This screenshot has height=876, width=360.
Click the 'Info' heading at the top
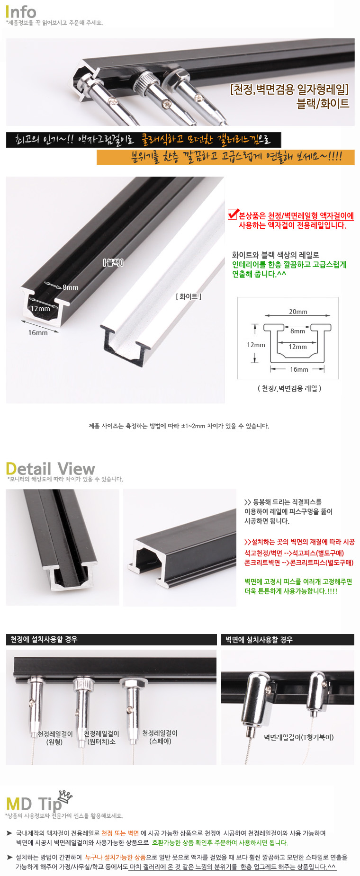21,11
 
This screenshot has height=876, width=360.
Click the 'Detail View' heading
50,469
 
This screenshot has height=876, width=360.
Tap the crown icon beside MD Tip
65,797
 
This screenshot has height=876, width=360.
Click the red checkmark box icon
232,215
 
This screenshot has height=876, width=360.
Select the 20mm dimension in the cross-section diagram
298,312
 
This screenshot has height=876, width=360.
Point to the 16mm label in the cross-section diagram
299,369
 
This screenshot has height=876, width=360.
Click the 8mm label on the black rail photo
70,287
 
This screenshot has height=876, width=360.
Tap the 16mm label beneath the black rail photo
38,333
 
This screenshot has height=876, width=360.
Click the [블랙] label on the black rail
113,262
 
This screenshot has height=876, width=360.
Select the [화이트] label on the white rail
189,296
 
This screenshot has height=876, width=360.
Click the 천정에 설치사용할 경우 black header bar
111,639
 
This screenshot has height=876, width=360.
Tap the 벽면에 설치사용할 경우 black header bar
288,640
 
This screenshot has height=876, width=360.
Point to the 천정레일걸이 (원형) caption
55,738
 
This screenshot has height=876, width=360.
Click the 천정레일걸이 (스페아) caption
160,737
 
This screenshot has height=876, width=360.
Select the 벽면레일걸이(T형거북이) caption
299,737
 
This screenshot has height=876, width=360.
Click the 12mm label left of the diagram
256,345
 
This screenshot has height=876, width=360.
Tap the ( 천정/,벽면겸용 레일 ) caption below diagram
289,388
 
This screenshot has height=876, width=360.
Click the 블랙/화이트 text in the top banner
323,103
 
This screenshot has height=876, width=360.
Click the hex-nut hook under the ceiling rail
131,701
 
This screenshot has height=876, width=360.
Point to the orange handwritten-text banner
225,157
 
